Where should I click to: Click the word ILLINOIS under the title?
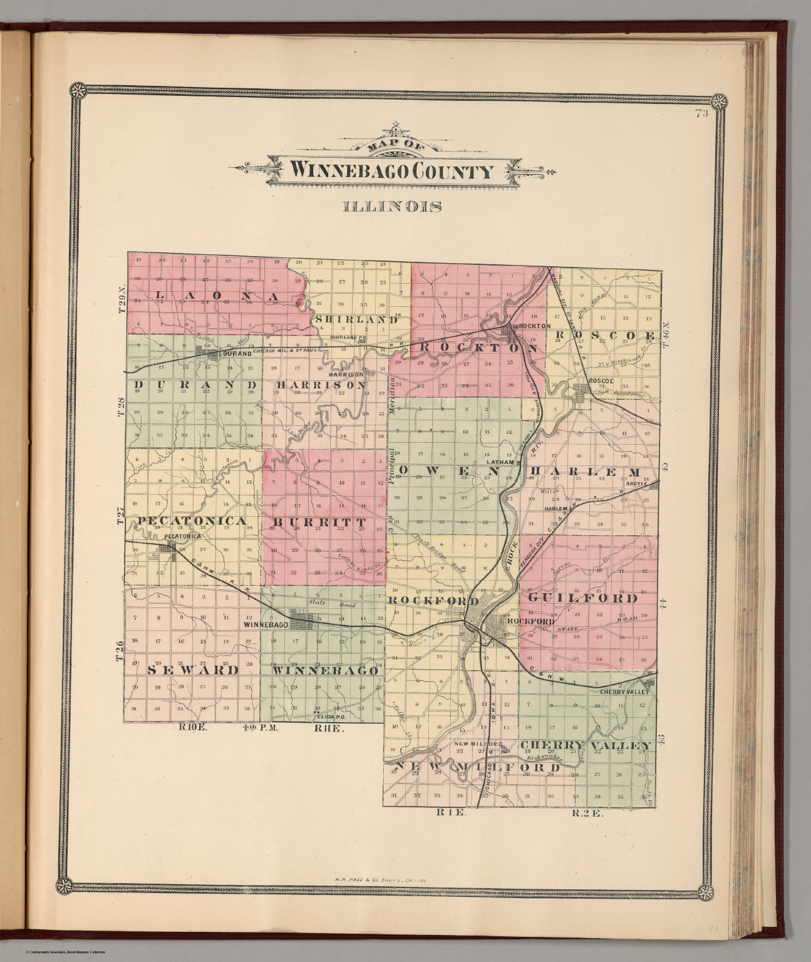(x=391, y=206)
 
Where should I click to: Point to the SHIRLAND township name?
(x=358, y=319)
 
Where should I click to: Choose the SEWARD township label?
(x=194, y=670)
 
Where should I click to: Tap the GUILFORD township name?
(x=582, y=598)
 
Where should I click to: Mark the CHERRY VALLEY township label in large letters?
(x=586, y=745)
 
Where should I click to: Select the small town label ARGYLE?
(x=636, y=484)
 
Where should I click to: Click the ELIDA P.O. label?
(x=330, y=714)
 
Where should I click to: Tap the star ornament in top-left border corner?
(x=79, y=91)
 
